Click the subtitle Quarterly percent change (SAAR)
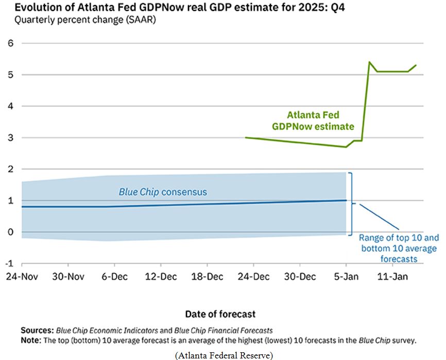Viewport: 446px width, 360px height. pyautogui.click(x=85, y=21)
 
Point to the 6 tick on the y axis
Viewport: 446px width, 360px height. pyautogui.click(x=10, y=44)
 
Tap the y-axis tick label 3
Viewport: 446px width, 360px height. pyautogui.click(x=10, y=138)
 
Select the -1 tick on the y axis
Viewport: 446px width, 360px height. pyautogui.click(x=8, y=263)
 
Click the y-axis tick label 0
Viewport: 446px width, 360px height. pyautogui.click(x=10, y=232)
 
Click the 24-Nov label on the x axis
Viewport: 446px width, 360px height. pyautogui.click(x=22, y=277)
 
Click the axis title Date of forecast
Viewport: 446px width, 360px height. pyautogui.click(x=220, y=314)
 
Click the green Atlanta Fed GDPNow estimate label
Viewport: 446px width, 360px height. pyautogui.click(x=313, y=120)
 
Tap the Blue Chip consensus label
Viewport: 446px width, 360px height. pyautogui.click(x=163, y=192)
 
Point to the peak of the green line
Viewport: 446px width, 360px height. pyautogui.click(x=369, y=62)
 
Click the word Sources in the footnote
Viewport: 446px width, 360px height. pyautogui.click(x=37, y=330)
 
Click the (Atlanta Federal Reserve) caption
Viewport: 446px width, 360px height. pyautogui.click(x=224, y=354)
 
